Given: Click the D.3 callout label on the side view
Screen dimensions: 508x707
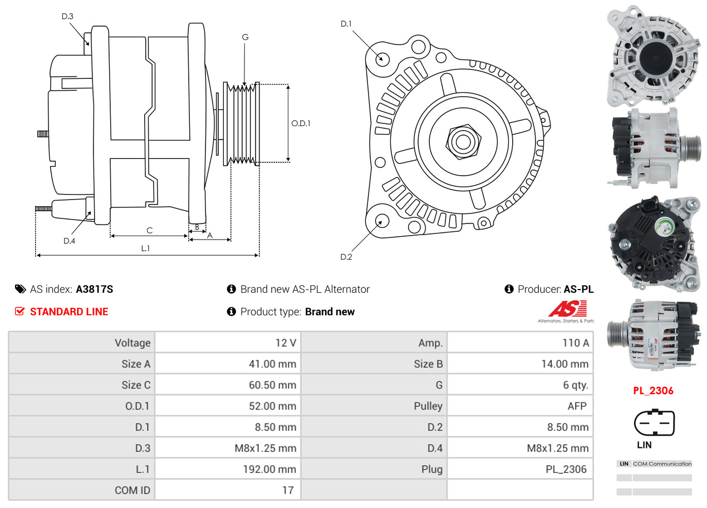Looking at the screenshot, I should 67,16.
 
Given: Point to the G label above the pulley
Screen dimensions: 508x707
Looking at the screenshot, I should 245,37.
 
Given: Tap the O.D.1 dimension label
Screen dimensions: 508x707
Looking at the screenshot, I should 301,123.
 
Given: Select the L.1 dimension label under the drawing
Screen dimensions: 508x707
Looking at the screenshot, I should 145,248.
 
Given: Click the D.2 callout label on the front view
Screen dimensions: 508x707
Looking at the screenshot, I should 346,257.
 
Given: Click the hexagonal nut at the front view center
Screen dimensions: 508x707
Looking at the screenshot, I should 462,141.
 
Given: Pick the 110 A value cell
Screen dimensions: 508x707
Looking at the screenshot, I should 520,343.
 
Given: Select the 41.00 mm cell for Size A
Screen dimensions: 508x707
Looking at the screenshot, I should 228,364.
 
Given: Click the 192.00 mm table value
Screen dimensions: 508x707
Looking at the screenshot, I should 228,469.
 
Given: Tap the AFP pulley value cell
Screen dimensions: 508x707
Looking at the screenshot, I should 520,406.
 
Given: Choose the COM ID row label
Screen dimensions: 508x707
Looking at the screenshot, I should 82,490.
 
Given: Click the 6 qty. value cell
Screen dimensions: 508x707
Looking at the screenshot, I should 520,385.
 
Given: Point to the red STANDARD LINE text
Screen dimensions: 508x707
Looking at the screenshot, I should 69,312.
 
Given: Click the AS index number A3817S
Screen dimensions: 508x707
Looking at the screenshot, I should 95,289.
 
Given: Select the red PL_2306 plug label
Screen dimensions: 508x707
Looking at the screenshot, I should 653,391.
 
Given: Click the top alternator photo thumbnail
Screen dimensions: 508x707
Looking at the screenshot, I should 652,56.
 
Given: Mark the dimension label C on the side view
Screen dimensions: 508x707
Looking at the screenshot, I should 149,230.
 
